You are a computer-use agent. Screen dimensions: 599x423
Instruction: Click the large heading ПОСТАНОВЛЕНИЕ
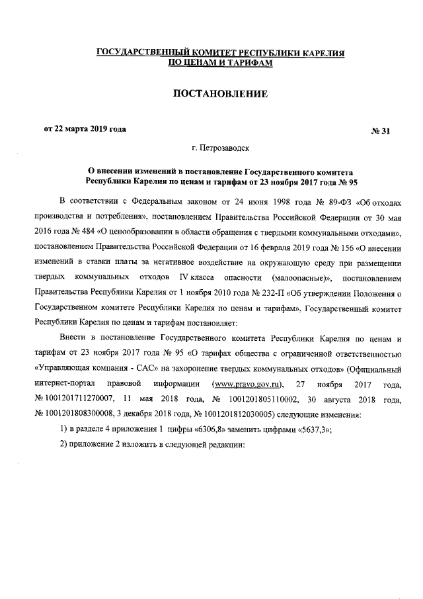[219, 95]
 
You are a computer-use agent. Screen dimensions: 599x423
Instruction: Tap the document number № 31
[381, 130]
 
